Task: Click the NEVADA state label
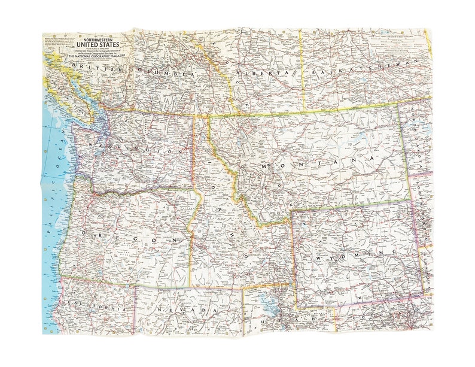185,310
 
